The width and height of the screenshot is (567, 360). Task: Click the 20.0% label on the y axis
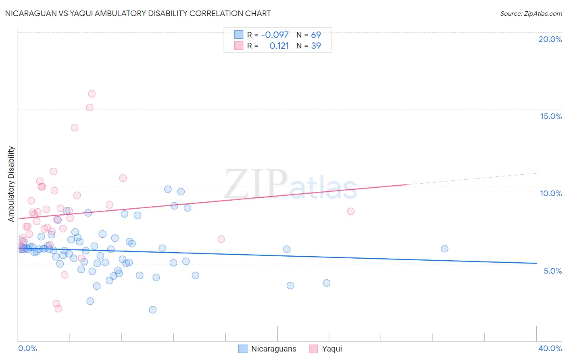click(550, 39)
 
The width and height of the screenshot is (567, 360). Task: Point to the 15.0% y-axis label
click(551, 116)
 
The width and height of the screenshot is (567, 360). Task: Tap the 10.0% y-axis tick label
click(551, 193)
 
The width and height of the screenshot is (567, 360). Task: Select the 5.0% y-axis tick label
click(552, 271)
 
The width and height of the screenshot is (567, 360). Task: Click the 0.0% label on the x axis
click(27, 348)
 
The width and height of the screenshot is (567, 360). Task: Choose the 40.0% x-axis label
click(550, 348)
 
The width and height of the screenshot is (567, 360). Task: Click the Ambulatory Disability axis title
click(11, 184)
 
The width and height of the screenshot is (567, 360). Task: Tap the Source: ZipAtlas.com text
click(531, 13)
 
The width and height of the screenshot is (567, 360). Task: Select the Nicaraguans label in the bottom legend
click(273, 349)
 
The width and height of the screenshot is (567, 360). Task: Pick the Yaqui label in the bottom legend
click(331, 349)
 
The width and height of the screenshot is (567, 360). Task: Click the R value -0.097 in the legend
click(275, 35)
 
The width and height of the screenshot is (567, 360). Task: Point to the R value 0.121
click(279, 46)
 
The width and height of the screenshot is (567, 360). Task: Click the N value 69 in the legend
click(316, 35)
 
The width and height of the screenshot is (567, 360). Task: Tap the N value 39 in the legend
click(316, 46)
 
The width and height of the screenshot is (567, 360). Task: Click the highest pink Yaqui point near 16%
click(92, 94)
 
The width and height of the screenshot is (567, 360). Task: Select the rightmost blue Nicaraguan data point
click(444, 249)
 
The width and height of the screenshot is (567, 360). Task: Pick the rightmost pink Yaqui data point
click(351, 211)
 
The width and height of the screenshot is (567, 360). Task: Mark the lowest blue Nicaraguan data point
click(152, 310)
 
